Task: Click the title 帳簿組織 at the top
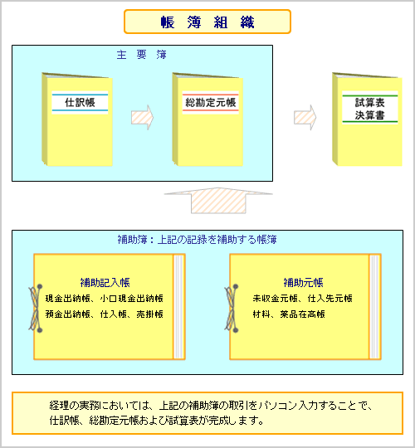click(207, 22)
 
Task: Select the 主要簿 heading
click(141, 54)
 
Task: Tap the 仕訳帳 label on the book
click(80, 102)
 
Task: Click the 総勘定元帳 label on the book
click(210, 102)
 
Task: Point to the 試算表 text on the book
click(370, 102)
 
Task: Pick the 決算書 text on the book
click(370, 115)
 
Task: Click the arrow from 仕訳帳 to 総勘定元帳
click(142, 118)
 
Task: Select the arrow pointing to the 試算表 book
click(305, 118)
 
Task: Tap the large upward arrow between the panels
click(218, 200)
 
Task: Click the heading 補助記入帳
click(105, 283)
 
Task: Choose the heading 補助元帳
click(303, 283)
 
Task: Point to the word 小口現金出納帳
click(131, 299)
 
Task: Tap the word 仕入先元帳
click(330, 299)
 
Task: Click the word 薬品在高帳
click(302, 314)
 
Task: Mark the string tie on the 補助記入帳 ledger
click(36, 309)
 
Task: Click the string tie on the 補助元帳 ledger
click(232, 309)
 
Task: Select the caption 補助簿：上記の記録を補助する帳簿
click(198, 240)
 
